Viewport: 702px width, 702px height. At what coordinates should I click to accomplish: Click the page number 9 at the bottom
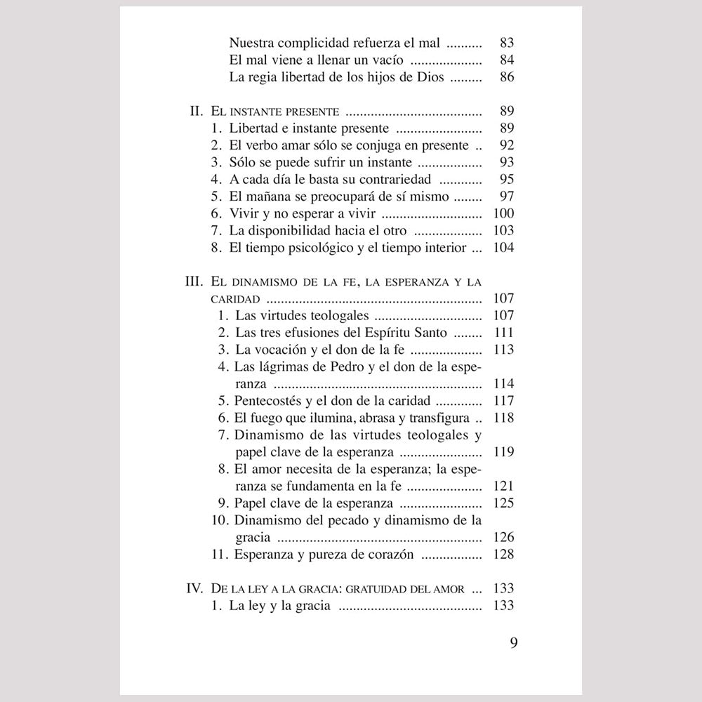point(513,643)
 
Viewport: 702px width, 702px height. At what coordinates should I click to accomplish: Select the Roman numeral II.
point(197,111)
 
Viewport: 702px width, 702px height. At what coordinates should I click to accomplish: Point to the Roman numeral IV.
point(194,588)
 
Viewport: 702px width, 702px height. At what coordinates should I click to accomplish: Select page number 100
point(504,213)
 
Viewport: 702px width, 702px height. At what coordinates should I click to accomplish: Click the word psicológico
point(319,247)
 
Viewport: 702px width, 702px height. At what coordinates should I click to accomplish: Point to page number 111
point(504,332)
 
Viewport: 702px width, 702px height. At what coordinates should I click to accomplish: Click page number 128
point(504,555)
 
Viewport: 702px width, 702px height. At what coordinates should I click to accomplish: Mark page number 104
point(504,247)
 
